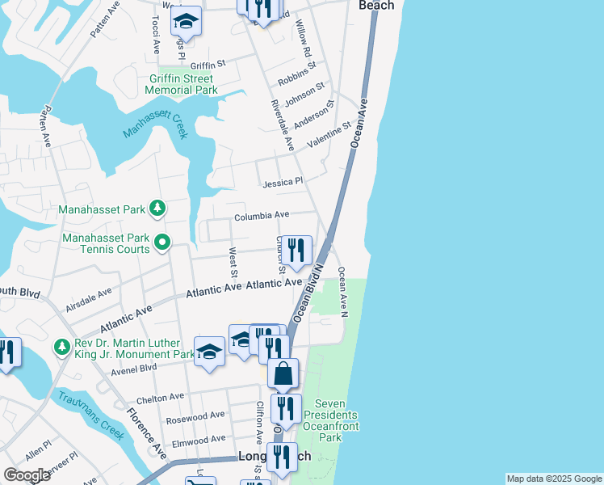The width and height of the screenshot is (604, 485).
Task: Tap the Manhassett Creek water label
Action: click(x=155, y=124)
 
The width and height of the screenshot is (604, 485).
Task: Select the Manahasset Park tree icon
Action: click(x=158, y=210)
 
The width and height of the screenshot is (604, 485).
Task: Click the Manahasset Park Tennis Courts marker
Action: click(x=162, y=241)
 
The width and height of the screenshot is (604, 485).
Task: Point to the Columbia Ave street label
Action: click(x=262, y=216)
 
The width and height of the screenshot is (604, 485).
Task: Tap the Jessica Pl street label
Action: click(x=282, y=183)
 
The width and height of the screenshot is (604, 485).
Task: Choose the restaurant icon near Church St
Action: click(x=297, y=251)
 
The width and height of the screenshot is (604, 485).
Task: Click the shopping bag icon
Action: click(x=283, y=374)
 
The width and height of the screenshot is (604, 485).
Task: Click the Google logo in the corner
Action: click(x=27, y=475)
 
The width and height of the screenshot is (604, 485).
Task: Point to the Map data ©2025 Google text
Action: click(x=554, y=479)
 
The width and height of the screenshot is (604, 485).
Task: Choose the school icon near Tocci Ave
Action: click(x=187, y=22)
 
